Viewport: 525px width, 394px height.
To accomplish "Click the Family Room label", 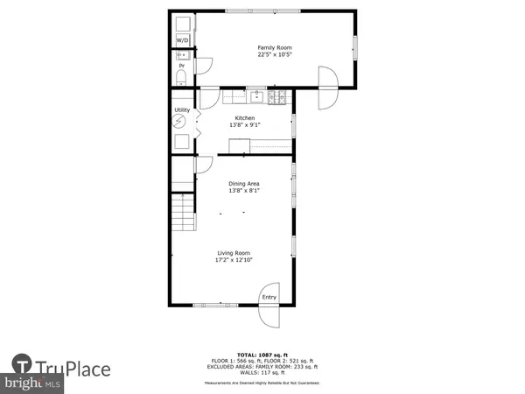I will (274, 47).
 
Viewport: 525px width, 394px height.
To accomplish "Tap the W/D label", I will (183, 41).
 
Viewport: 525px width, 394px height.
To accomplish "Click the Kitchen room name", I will (244, 118).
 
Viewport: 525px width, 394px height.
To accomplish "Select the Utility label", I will (182, 110).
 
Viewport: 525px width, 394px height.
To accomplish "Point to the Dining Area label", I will (245, 183).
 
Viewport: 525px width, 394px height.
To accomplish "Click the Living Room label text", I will (235, 253).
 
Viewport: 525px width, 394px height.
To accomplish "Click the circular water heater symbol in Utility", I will (182, 123).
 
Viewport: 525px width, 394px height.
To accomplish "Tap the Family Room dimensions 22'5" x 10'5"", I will (274, 55).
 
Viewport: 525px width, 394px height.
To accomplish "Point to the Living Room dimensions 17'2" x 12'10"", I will (235, 261).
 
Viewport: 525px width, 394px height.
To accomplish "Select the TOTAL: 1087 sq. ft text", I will (262, 355).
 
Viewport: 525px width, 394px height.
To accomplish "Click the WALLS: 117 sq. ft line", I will (262, 374).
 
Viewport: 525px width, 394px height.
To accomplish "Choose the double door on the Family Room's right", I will (328, 87).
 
